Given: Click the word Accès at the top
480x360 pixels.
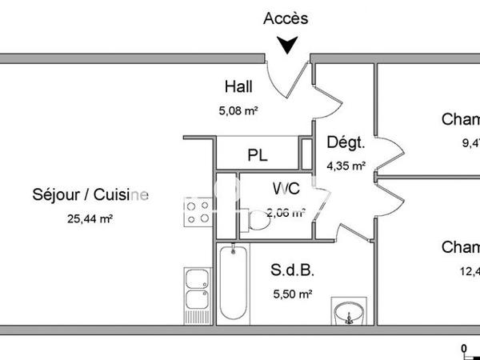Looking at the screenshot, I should (286, 18).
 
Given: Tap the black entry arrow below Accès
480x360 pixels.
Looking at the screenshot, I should (286, 46).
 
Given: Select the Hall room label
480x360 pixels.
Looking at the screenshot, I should (239, 86).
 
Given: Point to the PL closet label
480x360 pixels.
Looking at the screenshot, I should (257, 155).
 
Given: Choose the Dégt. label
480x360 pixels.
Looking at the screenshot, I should (346, 144).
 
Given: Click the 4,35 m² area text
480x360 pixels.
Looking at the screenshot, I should (346, 167).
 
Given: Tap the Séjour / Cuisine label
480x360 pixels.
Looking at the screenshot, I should (90, 194).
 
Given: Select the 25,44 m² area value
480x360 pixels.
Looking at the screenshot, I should (90, 218).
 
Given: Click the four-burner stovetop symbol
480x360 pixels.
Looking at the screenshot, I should (198, 214).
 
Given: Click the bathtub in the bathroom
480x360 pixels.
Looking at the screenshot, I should (232, 284).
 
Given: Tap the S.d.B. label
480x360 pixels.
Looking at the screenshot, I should (289, 270).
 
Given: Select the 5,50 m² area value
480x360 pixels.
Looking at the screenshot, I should (293, 294).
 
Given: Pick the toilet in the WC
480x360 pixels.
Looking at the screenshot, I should (258, 221).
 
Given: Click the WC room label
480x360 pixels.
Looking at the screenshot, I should (286, 190).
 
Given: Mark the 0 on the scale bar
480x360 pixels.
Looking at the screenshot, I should (464, 347).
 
